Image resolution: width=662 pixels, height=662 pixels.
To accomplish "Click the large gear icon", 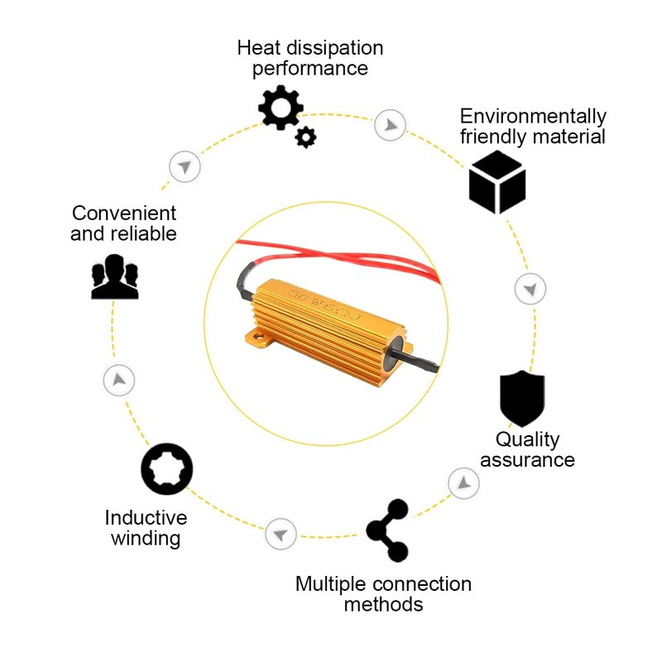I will click(281, 107).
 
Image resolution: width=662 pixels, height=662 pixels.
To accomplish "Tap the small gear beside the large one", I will click(306, 137).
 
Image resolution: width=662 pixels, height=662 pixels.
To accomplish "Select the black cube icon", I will click(497, 182).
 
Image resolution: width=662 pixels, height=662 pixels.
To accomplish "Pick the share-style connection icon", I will click(387, 530).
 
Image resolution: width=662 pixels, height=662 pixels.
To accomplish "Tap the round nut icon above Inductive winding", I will click(166, 470).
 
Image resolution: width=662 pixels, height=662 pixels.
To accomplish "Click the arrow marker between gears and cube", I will click(388, 126).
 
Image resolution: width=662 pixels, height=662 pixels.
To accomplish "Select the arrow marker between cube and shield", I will click(530, 289).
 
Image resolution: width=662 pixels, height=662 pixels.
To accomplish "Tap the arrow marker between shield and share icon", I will click(463, 482).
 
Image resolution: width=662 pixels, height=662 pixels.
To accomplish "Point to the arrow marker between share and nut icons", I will click(281, 532).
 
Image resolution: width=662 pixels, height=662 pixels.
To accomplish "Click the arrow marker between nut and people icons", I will click(119, 381).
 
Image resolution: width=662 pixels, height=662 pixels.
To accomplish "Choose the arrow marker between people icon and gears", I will click(185, 166).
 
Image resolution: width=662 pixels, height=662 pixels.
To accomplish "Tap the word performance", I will click(310, 69).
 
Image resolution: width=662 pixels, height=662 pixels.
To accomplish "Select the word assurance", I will click(527, 460).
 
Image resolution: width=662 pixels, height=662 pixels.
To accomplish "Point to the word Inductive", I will click(146, 518).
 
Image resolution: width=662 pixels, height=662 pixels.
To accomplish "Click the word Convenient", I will click(123, 213).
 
